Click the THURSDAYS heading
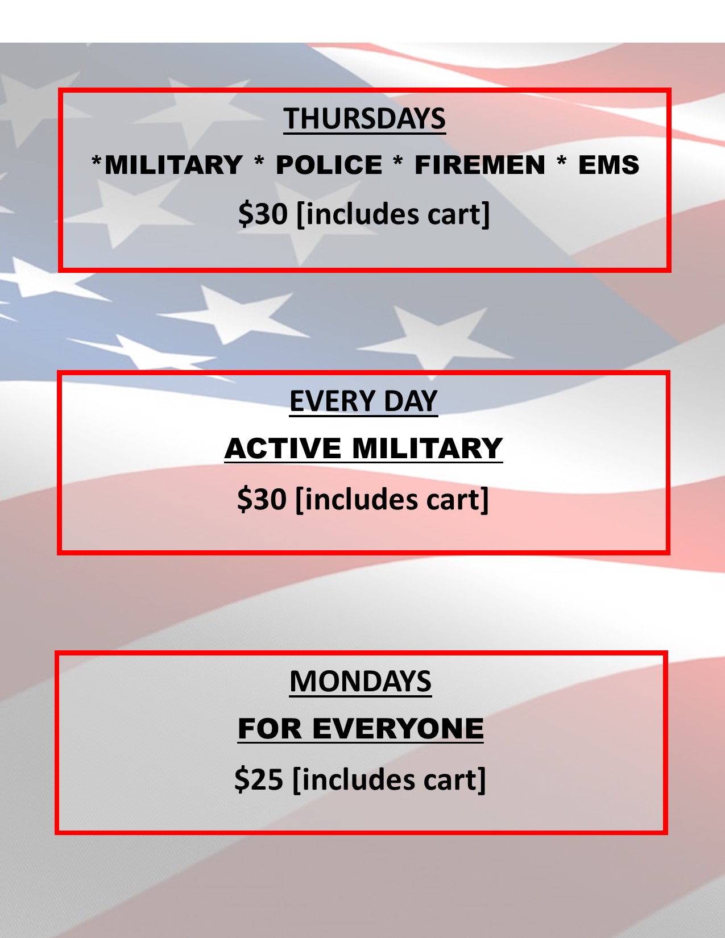[364, 118]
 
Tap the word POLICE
[329, 165]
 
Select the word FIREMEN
[480, 165]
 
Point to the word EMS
[608, 165]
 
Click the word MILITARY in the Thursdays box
[173, 165]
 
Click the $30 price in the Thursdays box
[263, 214]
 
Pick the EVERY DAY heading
[363, 401]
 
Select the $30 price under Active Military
[262, 499]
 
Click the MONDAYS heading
[361, 682]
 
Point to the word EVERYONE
[397, 729]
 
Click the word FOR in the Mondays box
[270, 729]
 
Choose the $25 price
[259, 779]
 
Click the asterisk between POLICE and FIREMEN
[397, 160]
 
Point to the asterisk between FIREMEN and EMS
[561, 160]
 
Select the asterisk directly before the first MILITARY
[97, 160]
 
